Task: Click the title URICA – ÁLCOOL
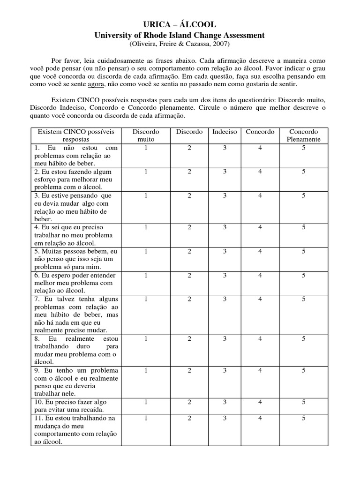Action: click(180, 25)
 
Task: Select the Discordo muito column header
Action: click(146, 135)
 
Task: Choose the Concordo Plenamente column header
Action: click(304, 135)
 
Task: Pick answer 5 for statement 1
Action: click(304, 147)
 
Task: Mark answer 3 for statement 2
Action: click(225, 172)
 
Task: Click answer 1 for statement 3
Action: click(146, 195)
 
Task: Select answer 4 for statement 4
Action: click(260, 227)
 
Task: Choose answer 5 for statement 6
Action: click(304, 275)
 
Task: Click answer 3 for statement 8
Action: click(225, 338)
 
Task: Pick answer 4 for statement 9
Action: click(260, 370)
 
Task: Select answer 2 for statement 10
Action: click(189, 402)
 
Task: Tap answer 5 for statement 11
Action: click(304, 418)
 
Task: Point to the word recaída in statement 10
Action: click(94, 410)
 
